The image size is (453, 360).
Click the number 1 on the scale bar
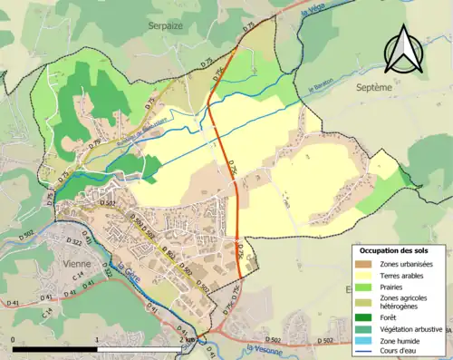pyautogui.click(x=97, y=340)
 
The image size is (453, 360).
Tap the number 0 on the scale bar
pyautogui.click(x=14, y=340)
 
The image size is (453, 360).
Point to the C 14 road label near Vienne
pyautogui.click(x=80, y=273)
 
